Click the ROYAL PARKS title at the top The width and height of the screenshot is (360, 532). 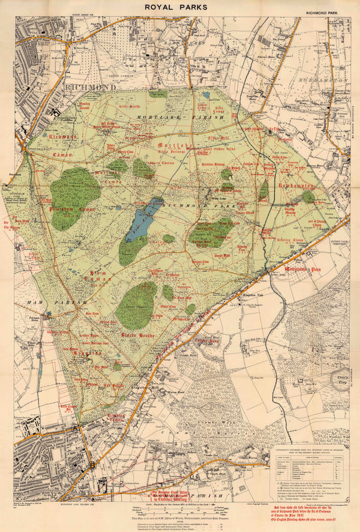pos(180,7)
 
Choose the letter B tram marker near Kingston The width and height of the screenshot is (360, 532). pos(92,464)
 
